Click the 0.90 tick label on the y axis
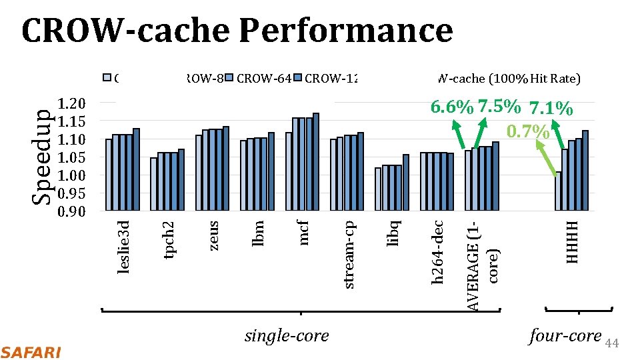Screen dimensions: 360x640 72,212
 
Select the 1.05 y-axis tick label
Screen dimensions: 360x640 72,157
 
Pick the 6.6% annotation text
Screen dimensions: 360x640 453,107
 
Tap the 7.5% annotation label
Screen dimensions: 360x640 498,107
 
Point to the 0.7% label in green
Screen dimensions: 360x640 528,131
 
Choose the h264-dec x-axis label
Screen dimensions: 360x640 438,252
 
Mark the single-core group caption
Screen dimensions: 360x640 287,336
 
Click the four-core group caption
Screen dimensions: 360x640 565,336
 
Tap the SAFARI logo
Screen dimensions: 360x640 31,351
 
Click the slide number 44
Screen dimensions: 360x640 612,343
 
